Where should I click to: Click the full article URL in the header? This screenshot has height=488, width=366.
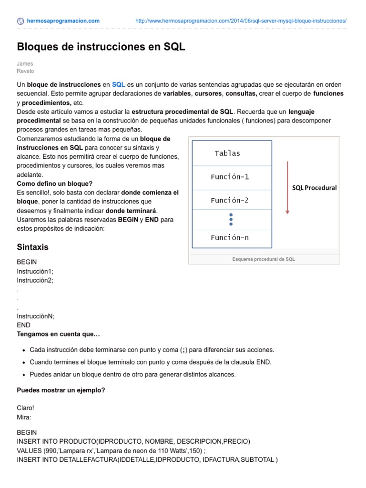pos(241,21)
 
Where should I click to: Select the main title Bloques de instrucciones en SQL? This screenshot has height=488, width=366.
pos(101,47)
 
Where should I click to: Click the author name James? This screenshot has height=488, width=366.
pos(25,63)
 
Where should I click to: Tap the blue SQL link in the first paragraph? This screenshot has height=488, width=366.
pos(118,84)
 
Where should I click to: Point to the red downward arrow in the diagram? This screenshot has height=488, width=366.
pos(287,188)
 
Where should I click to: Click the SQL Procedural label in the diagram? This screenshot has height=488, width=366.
pos(314,188)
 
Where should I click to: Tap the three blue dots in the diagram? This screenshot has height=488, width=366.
pos(231,219)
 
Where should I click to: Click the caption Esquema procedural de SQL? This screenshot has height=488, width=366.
pos(264,259)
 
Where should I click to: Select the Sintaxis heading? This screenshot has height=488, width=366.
pos(32,247)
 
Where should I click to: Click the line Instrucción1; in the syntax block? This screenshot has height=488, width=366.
pos(35,271)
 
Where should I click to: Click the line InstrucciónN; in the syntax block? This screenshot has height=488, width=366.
pos(36,316)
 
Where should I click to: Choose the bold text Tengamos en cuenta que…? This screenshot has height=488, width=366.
pos(58,334)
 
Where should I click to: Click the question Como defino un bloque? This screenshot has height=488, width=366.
pos(54,183)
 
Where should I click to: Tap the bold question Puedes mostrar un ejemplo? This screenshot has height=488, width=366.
pos(61,390)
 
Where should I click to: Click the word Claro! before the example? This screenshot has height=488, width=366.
pos(25,408)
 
